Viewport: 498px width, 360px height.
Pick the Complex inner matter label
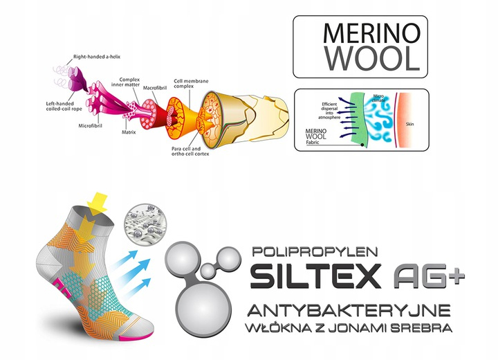pyautogui.click(x=130, y=83)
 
